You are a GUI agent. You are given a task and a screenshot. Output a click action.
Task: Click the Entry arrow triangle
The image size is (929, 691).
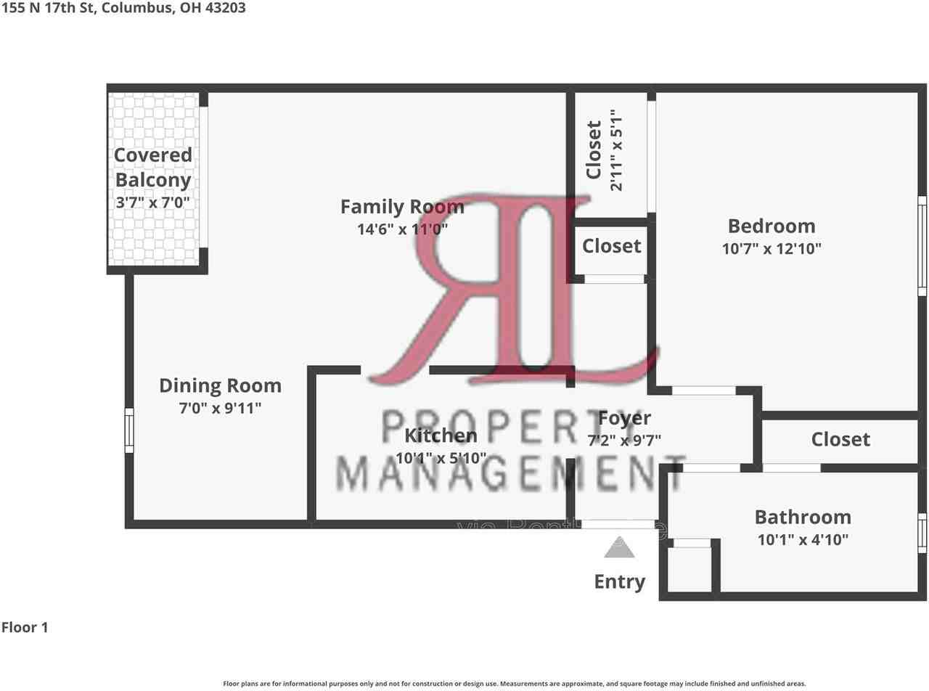pos(619,548)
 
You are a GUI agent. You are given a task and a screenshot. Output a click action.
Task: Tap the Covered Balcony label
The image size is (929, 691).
pos(153,167)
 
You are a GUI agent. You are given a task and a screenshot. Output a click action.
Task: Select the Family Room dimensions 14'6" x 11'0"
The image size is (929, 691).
pos(402,229)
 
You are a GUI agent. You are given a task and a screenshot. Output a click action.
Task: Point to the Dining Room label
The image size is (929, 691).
pos(220,385)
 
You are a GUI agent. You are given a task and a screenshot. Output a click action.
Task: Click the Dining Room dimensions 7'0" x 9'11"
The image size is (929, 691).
pos(220,408)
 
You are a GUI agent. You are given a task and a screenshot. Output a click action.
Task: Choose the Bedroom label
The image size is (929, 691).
pos(772,226)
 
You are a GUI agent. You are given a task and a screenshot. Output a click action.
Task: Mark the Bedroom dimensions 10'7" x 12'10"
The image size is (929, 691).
pos(772,248)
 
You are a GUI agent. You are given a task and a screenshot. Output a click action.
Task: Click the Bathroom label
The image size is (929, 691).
pos(803,517)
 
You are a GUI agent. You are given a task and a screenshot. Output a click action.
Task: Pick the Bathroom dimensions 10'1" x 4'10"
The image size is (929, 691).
pos(802,539)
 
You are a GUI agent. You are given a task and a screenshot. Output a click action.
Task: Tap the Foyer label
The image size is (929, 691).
pos(624,418)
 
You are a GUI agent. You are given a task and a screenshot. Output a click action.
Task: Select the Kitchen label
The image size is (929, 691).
pos(441,436)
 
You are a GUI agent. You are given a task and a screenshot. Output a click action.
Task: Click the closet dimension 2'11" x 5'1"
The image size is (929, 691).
pos(615,150)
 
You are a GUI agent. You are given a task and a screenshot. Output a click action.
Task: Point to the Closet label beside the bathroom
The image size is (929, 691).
pos(840,439)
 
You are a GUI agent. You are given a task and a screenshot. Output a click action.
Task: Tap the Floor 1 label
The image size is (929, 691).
pos(25,627)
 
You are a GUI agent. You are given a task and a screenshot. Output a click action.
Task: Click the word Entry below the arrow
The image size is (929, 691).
pos(619,581)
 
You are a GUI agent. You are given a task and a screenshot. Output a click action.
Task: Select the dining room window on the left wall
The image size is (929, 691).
pos(129,430)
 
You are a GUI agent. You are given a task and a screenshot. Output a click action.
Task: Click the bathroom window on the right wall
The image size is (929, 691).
pos(922,533)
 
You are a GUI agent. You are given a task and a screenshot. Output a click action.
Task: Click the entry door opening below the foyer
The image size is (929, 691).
pos(618,523)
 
